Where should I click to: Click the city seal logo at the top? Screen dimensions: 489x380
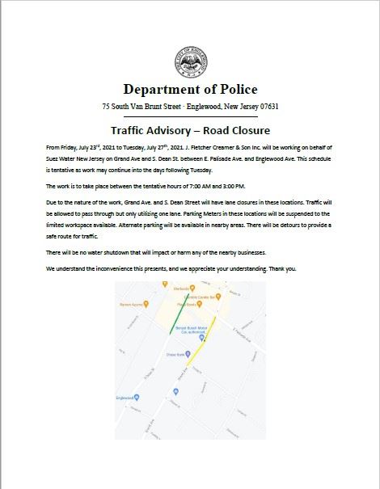[x=189, y=63]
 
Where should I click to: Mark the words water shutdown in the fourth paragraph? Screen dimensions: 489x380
[x=99, y=253]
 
